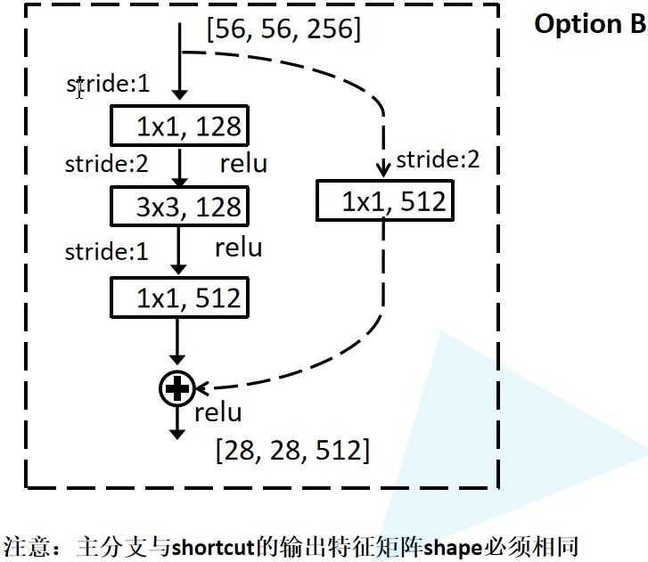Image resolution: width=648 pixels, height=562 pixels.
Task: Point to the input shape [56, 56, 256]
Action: point(283,30)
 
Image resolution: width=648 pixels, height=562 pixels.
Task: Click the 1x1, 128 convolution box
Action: point(178,126)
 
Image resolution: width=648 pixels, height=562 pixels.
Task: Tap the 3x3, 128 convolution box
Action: point(178,207)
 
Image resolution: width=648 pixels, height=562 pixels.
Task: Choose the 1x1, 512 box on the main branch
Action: point(178,297)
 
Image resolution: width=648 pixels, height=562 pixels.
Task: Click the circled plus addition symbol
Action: point(177,387)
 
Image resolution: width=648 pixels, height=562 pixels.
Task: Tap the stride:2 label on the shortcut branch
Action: point(438,160)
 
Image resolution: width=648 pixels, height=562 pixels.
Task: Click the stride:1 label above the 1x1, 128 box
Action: point(108,85)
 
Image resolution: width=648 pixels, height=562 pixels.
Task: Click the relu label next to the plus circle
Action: point(217,412)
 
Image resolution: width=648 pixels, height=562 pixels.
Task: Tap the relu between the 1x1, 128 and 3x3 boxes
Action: point(242,164)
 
